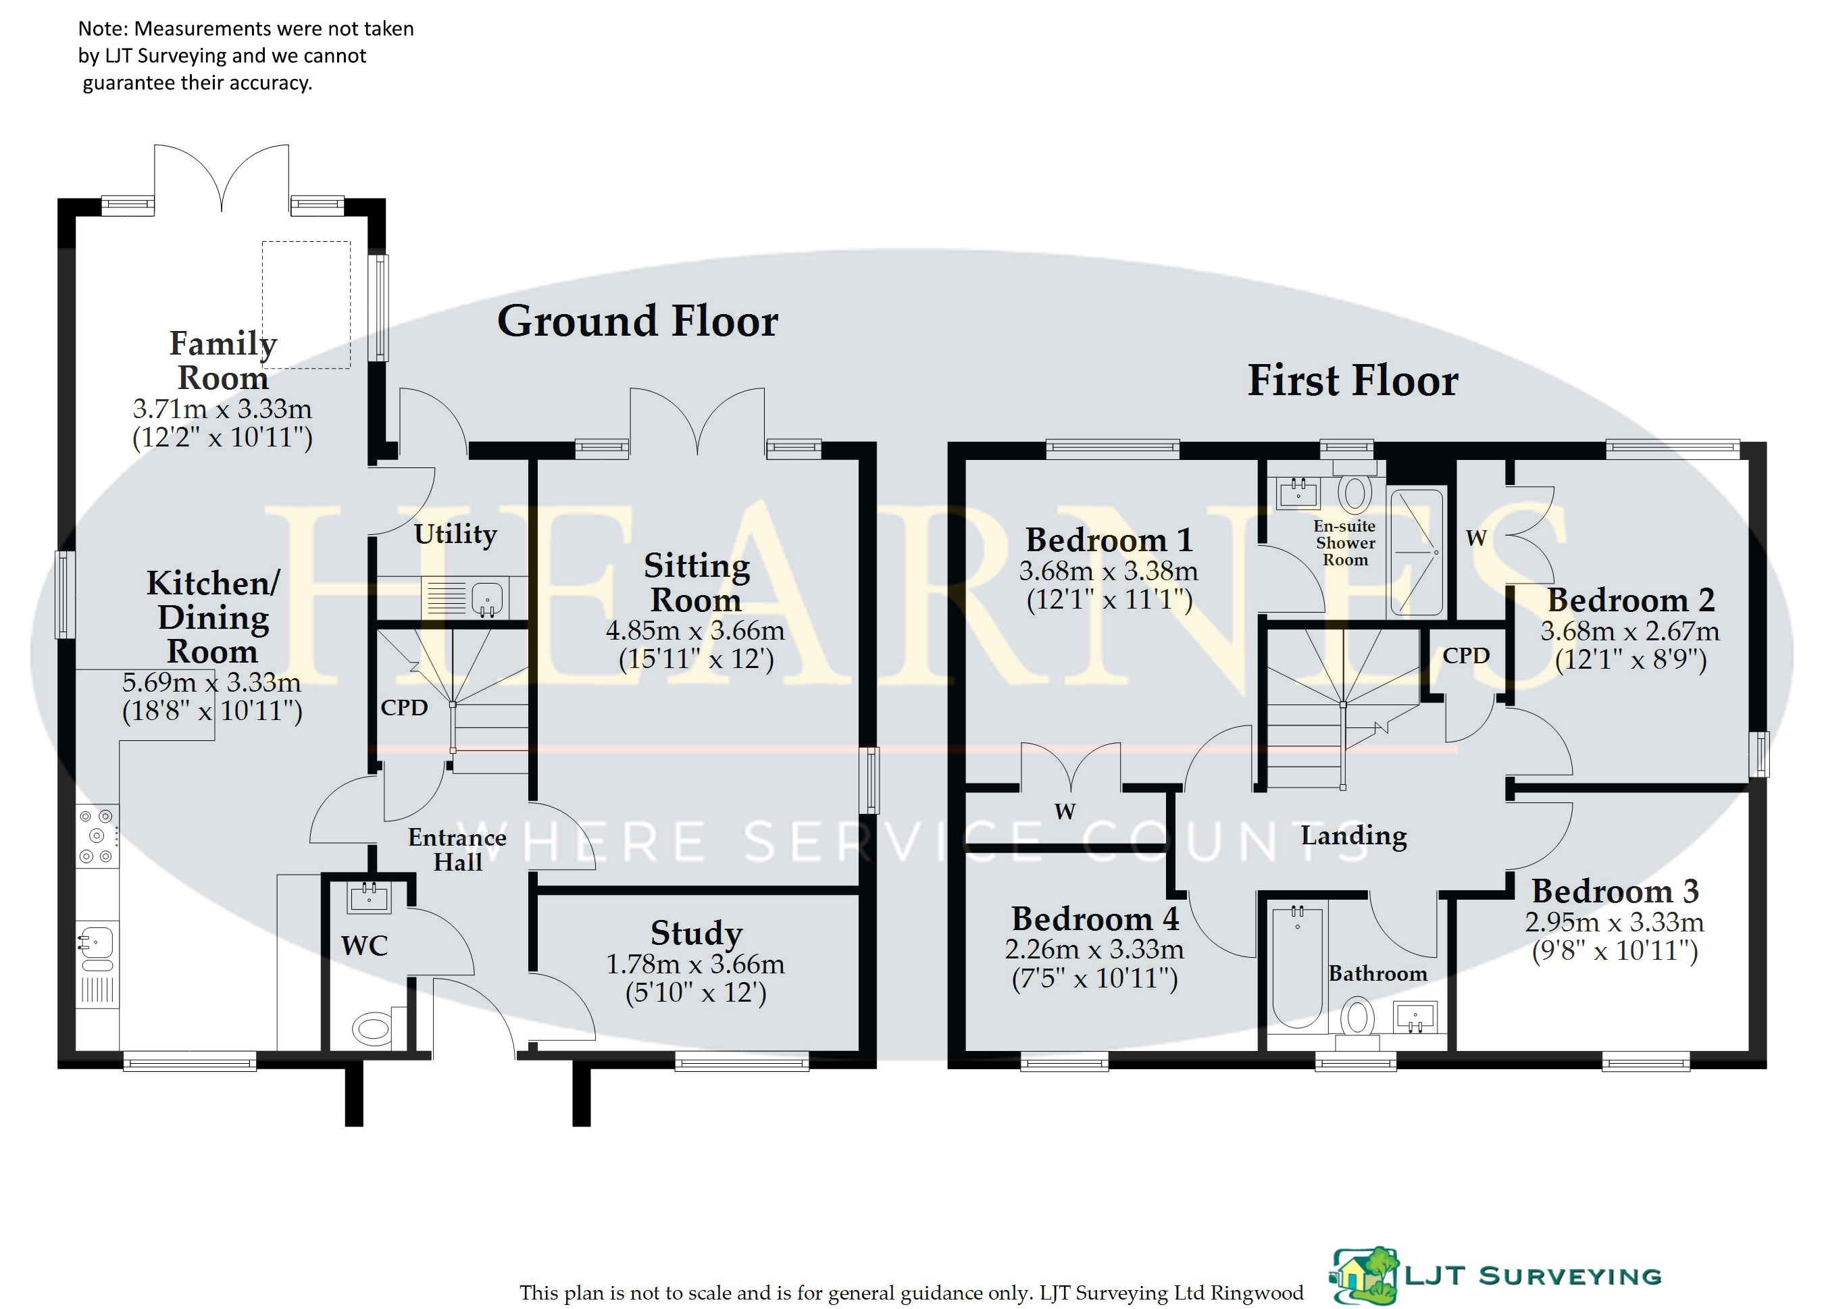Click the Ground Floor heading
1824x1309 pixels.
tap(637, 322)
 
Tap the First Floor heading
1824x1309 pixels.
tap(1352, 380)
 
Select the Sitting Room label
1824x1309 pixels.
tap(696, 583)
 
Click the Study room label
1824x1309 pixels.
tap(696, 933)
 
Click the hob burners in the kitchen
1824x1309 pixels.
tap(97, 837)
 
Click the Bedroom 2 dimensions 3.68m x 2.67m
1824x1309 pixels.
tap(1629, 631)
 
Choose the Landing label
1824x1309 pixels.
tap(1354, 836)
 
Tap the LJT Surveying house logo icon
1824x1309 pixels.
tap(1363, 1276)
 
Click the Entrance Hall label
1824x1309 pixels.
tap(457, 850)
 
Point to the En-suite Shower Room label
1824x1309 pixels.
tap(1344, 544)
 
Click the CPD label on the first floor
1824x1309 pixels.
tap(1465, 656)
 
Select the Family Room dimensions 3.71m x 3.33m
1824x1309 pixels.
tap(222, 409)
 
